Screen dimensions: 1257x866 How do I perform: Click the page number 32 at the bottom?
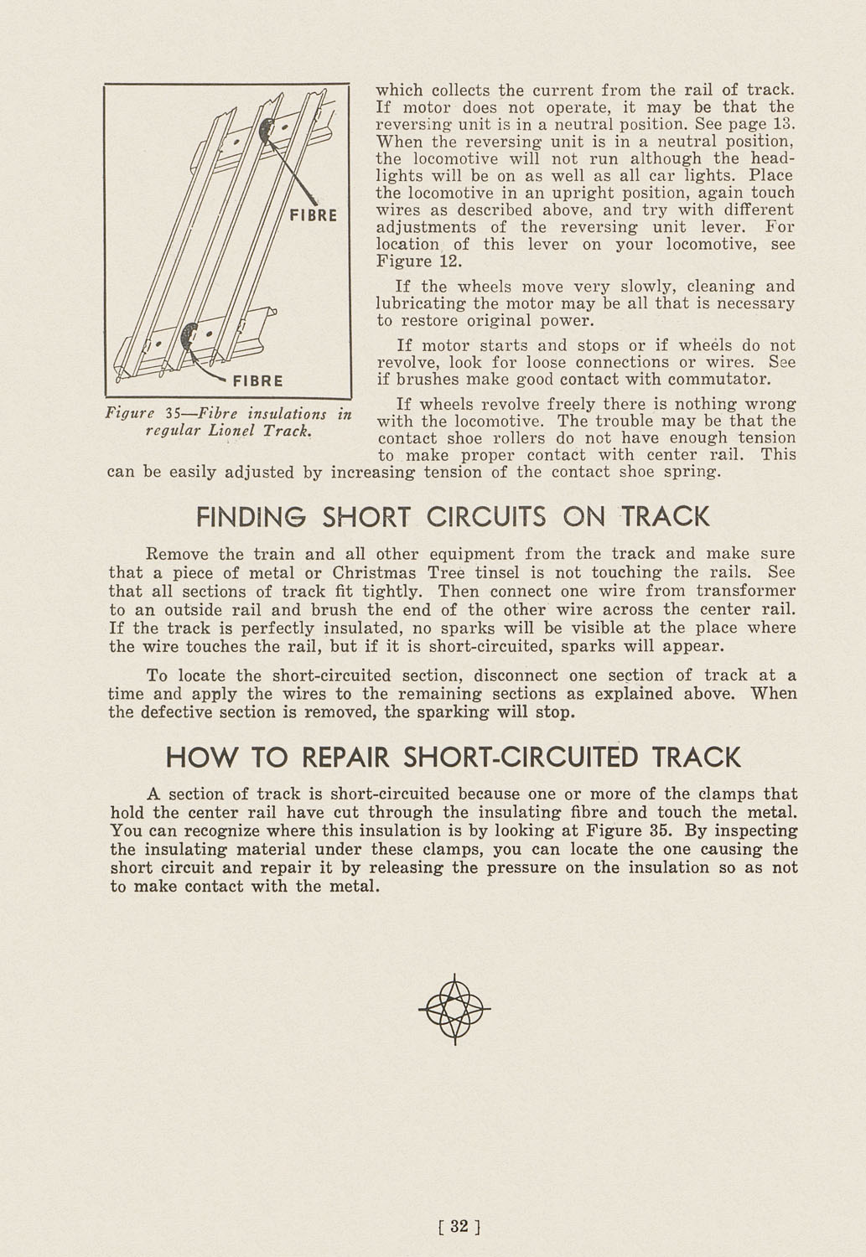459,1227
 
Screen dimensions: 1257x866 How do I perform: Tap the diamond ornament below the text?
454,1009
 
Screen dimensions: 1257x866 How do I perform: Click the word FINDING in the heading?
254,516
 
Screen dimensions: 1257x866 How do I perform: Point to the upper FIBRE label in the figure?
313,215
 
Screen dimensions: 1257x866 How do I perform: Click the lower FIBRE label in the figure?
257,380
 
